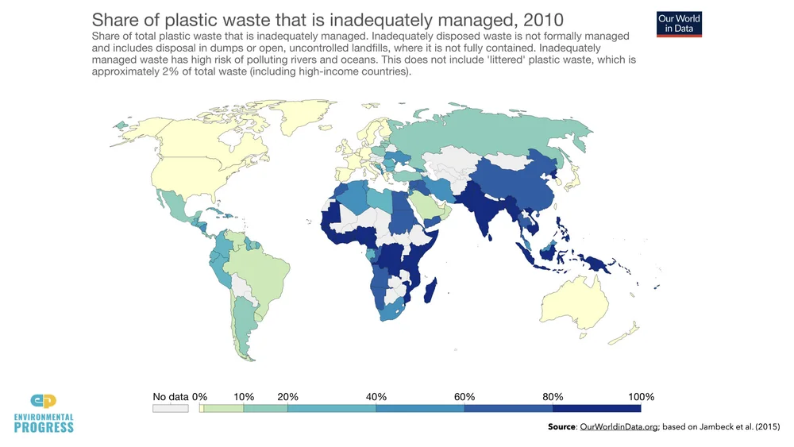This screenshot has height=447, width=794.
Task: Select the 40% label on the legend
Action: [x=376, y=397]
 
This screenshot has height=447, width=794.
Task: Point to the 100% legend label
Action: [x=640, y=397]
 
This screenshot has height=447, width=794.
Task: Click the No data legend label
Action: [x=170, y=397]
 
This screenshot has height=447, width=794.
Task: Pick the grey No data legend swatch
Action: [x=170, y=408]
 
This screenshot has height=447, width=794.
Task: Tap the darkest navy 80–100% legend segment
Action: [x=596, y=408]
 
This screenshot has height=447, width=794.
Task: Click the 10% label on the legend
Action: [x=244, y=397]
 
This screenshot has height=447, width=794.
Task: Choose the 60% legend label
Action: [x=464, y=397]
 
